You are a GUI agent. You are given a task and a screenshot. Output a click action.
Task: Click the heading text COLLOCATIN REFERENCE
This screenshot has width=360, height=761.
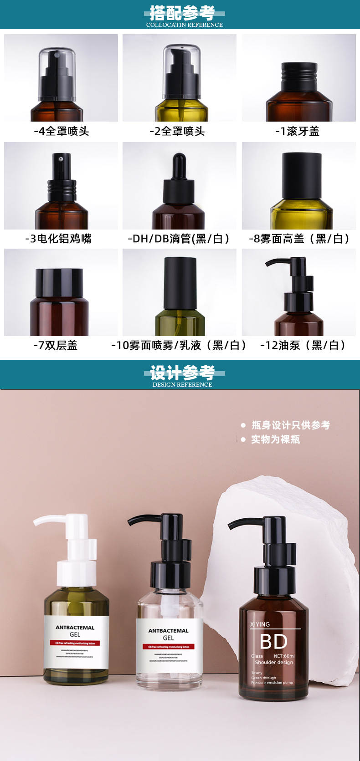tap(184, 25)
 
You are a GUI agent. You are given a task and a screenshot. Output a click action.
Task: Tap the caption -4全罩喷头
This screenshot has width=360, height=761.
tap(62, 132)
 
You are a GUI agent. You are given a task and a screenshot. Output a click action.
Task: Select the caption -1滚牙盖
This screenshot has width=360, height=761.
tap(297, 132)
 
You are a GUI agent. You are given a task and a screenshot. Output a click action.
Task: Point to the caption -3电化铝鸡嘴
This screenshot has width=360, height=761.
tap(58, 239)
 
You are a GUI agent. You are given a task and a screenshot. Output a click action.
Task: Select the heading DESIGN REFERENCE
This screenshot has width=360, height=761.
tap(182, 385)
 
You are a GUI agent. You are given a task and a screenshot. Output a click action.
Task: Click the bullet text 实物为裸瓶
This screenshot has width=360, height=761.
tap(275, 439)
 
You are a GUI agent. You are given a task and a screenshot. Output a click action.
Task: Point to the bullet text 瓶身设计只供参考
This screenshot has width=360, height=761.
tap(290, 425)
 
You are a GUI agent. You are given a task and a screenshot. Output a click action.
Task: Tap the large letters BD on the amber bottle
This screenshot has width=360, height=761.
tap(273, 642)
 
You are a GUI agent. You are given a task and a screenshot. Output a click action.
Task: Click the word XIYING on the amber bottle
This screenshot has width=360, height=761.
tap(260, 624)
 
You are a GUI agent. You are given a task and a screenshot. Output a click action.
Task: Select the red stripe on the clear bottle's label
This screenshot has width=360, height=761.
tap(169, 647)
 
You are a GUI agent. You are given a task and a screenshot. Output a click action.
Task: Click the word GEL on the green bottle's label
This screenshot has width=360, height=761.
tap(75, 634)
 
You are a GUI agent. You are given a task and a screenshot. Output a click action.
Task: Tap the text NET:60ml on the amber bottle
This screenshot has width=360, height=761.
tap(284, 656)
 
